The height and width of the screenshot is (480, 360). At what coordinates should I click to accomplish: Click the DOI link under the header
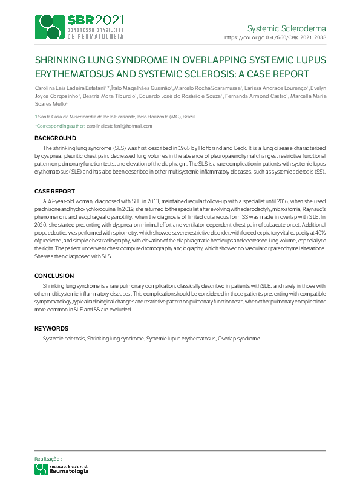click(275, 37)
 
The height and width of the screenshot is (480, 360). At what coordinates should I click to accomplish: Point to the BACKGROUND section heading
click(55, 138)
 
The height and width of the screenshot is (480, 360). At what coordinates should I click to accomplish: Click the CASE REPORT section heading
click(54, 191)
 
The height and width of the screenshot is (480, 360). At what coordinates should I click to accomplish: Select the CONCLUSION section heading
click(54, 276)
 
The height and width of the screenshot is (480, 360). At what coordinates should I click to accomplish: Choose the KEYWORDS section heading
click(51, 329)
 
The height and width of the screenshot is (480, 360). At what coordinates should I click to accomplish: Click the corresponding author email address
click(122, 126)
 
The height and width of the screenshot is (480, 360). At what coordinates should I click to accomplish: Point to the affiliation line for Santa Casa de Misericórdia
click(115, 116)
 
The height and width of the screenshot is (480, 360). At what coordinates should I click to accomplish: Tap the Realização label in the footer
click(48, 459)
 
